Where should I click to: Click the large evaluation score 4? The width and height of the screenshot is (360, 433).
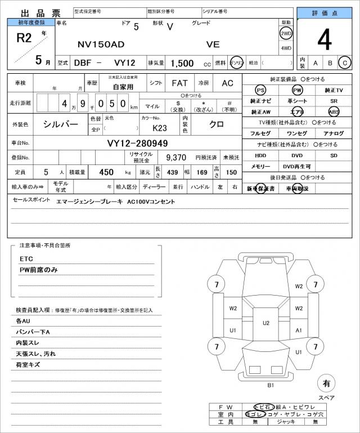(x=325, y=40)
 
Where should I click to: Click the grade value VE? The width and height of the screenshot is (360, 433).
(x=213, y=44)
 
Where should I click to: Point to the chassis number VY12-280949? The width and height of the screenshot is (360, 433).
(x=138, y=144)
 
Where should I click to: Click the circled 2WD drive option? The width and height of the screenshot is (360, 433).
(x=286, y=34)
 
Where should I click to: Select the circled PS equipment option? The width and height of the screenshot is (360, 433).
(x=260, y=90)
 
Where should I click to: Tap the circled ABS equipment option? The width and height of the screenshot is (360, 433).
(x=334, y=111)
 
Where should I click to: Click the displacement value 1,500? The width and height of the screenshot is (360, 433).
(x=183, y=64)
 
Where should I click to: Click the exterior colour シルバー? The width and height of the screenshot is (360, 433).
(x=61, y=124)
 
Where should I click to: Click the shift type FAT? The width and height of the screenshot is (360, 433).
(x=179, y=83)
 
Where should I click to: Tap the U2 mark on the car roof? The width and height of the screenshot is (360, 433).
(x=266, y=323)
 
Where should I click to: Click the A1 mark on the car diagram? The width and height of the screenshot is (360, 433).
(x=299, y=330)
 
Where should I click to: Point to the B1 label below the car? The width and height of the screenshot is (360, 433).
(x=270, y=385)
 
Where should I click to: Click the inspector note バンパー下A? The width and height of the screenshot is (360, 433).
(x=33, y=332)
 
